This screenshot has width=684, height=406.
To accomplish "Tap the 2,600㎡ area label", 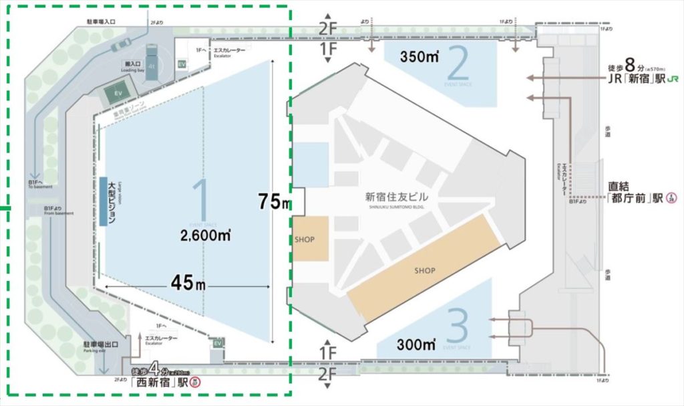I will click(205, 235).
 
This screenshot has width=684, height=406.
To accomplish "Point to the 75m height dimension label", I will click(276, 201).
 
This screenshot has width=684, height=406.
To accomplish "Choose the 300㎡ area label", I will click(415, 345).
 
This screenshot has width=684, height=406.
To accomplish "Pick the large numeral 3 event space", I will click(458, 326).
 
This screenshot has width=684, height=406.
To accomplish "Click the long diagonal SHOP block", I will click(425, 270).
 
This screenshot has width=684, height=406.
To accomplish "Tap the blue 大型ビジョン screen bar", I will click(103, 201).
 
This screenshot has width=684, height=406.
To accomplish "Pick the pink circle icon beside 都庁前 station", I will click(671, 199).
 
